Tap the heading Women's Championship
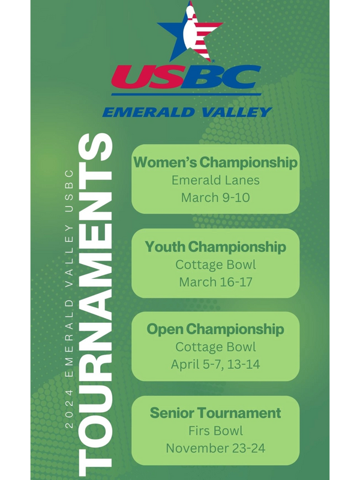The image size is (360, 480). coord(215,162)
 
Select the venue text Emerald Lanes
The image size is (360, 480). coord(215,180)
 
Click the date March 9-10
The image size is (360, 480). coord(215,197)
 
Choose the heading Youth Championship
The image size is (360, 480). coord(215,247)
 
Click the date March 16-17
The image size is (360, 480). coord(215,281)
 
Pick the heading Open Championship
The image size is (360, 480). coord(215,329)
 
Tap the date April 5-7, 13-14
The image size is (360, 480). coord(215,364)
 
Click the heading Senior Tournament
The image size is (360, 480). coord(215,413)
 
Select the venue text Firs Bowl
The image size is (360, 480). coord(215,431)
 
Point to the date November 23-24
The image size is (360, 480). coord(215,448)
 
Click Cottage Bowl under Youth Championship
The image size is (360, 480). coord(215,265)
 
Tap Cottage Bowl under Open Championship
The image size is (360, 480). coord(215,347)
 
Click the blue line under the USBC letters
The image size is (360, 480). coord(186,94)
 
